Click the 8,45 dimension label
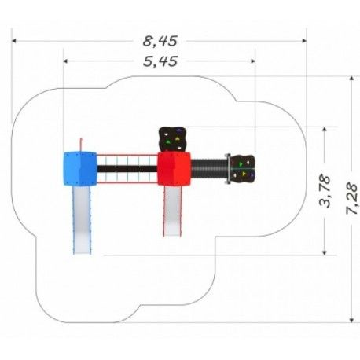click(160, 41)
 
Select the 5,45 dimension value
click(160, 61)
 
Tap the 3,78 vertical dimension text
click(325, 191)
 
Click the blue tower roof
click(80, 169)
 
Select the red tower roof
click(174, 169)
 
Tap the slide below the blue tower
click(82, 220)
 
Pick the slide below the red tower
click(172, 211)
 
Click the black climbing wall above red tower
click(173, 139)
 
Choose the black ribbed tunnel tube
click(209, 169)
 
